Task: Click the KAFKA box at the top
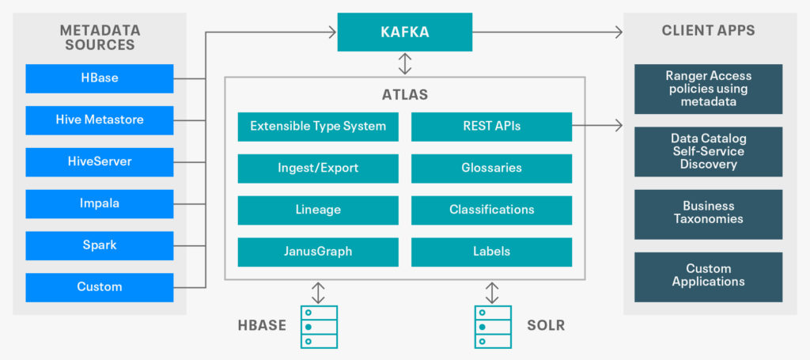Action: (x=404, y=32)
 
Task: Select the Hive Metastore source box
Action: (x=100, y=120)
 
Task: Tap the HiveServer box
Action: (x=100, y=161)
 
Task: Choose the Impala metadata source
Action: (x=100, y=203)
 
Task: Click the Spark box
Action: (x=100, y=245)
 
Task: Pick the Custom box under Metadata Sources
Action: (x=100, y=286)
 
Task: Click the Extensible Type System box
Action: (x=318, y=126)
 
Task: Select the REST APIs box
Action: (x=491, y=126)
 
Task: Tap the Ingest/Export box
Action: (x=318, y=168)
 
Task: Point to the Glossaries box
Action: (x=491, y=168)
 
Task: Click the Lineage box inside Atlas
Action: (x=318, y=210)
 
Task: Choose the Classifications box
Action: (x=491, y=210)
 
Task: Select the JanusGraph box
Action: (x=318, y=252)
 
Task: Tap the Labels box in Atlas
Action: (x=491, y=252)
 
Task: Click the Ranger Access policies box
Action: (x=708, y=89)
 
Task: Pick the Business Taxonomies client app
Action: (x=708, y=213)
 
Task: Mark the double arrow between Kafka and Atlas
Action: (x=404, y=63)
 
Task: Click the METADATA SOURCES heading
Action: (x=100, y=38)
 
